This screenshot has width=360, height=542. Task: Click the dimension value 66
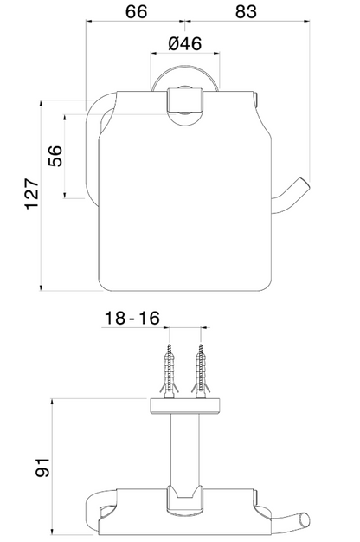pyautogui.click(x=136, y=11)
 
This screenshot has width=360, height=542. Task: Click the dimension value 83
pyautogui.click(x=246, y=11)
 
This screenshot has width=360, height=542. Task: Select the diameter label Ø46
pyautogui.click(x=185, y=43)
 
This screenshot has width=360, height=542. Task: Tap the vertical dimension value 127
pyautogui.click(x=32, y=194)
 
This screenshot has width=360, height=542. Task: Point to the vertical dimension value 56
pyautogui.click(x=55, y=156)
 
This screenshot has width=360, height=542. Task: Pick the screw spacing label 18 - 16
pyautogui.click(x=132, y=318)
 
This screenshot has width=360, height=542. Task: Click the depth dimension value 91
pyautogui.click(x=43, y=468)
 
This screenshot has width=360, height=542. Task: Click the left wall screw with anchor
pyautogui.click(x=169, y=371)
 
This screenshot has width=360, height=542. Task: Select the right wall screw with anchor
pyautogui.click(x=201, y=371)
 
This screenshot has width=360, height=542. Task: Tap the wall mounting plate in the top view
pyautogui.click(x=185, y=406)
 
